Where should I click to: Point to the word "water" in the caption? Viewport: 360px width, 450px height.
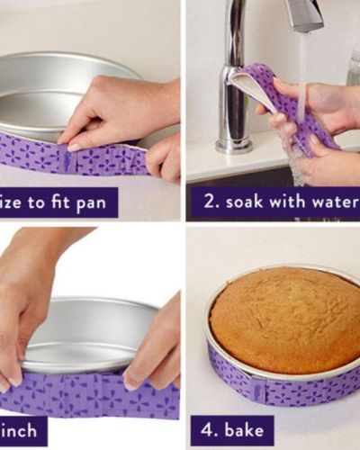(335, 202)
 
